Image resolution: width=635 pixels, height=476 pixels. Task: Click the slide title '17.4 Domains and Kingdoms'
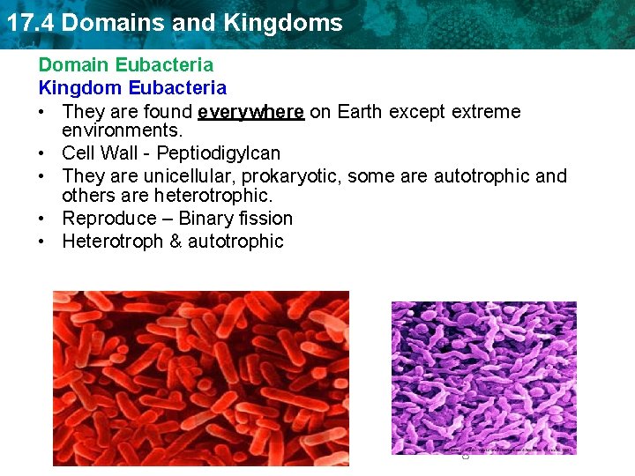[174, 23]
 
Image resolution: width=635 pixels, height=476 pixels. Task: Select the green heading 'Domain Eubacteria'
[125, 65]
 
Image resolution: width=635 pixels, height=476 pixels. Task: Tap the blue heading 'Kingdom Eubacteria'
[132, 88]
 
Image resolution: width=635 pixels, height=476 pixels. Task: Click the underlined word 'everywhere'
[251, 112]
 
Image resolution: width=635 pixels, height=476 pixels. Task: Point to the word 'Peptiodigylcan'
[219, 153]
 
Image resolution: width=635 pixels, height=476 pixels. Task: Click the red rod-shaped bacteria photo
[200, 377]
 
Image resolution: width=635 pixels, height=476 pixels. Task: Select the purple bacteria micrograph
[483, 378]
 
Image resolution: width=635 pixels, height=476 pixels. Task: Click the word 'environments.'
[122, 131]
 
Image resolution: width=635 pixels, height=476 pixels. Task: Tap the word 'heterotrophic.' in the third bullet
[212, 196]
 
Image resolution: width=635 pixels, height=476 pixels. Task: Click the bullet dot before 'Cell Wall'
[42, 154]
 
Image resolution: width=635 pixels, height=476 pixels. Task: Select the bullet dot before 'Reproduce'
[42, 219]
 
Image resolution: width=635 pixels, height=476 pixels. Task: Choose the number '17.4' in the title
[30, 23]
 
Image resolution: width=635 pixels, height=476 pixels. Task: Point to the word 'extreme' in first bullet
[486, 112]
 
